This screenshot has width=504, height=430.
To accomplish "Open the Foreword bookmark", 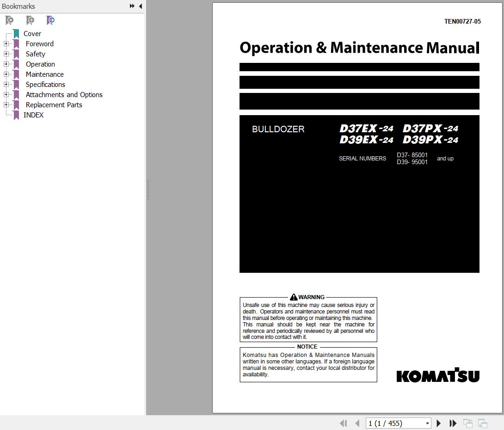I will click(39, 44).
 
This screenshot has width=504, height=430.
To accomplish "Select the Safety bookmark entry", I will click(35, 54).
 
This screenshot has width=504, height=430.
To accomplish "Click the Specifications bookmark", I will click(45, 85).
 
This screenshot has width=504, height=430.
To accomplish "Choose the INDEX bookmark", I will click(33, 115).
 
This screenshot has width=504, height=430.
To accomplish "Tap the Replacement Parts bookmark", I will click(54, 105).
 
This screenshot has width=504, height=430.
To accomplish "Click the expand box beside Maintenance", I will click(6, 74).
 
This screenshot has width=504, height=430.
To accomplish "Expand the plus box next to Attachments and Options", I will click(6, 95).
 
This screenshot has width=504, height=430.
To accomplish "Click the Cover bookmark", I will click(32, 34).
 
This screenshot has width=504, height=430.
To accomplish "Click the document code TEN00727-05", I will click(462, 21).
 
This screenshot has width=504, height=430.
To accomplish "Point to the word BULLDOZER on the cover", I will click(278, 129).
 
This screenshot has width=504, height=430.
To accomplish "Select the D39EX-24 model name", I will click(366, 140).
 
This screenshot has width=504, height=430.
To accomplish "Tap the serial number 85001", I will click(419, 155).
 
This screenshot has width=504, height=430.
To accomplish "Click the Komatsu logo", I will click(437, 375).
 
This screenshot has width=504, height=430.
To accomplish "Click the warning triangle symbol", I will click(294, 297).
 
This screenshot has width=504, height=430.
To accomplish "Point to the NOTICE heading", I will click(307, 347).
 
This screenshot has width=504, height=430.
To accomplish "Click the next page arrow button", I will click(439, 423).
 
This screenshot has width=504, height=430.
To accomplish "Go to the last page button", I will click(453, 423).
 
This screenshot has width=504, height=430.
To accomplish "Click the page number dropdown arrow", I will click(427, 423).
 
